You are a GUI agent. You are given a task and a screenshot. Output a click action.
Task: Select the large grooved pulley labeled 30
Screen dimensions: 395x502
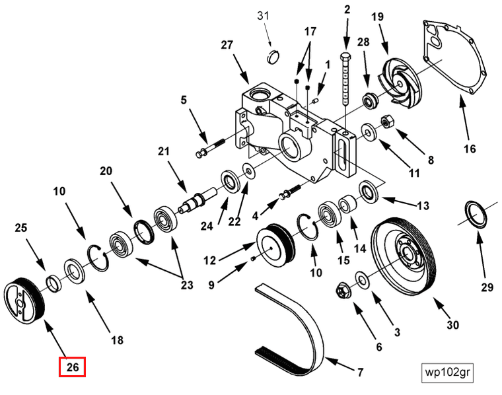pos(403,255)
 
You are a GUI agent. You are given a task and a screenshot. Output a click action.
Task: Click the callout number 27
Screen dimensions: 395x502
pos(227,45)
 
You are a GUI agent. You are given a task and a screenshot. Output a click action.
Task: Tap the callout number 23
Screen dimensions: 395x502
pos(187,285)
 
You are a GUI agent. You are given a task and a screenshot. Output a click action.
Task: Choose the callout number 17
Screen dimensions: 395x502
pos(310,31)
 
